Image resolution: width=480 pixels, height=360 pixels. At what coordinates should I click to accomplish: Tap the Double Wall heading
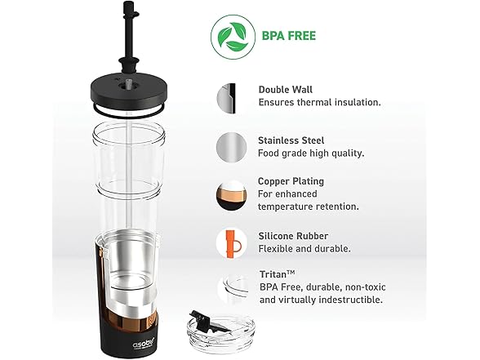[x=287, y=90]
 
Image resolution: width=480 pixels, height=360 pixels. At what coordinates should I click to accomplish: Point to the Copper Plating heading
[x=291, y=180]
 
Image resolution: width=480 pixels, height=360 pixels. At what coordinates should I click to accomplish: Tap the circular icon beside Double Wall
[x=231, y=98]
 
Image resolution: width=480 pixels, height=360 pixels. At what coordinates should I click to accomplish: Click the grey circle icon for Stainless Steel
[x=231, y=147]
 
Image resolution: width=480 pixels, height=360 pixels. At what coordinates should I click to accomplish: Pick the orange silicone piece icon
[x=231, y=242]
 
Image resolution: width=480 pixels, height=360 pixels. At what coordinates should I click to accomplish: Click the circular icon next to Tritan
[x=231, y=288]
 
